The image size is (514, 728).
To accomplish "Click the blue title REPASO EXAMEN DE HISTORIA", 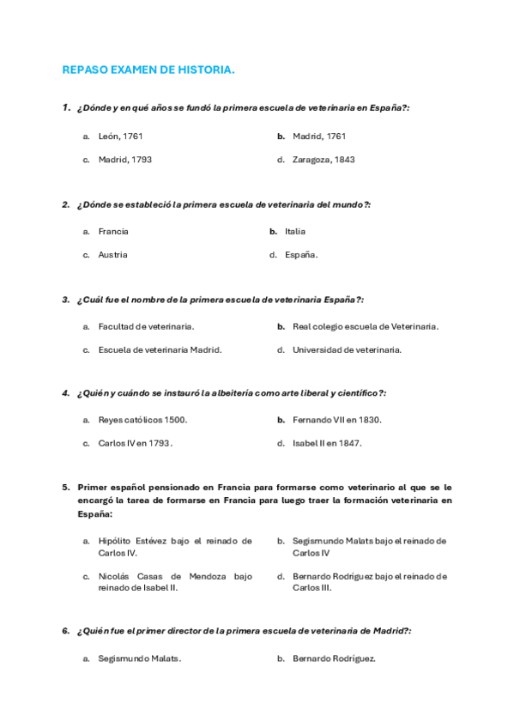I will [x=148, y=70].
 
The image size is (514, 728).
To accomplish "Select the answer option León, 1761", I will [x=120, y=136].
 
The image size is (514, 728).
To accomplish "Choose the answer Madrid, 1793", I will [x=124, y=160].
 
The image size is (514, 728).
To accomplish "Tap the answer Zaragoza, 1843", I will [x=323, y=160].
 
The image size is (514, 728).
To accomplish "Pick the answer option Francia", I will [x=113, y=231].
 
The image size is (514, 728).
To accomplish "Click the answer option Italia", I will [x=294, y=231].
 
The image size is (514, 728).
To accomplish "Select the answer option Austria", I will [x=112, y=255].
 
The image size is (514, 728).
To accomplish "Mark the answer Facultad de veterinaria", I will [x=146, y=326].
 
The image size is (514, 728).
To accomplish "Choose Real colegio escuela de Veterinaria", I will [x=365, y=326].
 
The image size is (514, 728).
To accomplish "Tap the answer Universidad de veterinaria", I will [x=347, y=350].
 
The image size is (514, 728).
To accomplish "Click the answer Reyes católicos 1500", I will [x=142, y=420].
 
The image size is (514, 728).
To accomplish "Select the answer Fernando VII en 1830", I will [x=336, y=420].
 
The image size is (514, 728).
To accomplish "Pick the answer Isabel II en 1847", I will [x=326, y=444].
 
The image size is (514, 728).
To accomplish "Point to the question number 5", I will [x=66, y=487].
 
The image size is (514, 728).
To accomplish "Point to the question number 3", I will [x=66, y=300].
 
